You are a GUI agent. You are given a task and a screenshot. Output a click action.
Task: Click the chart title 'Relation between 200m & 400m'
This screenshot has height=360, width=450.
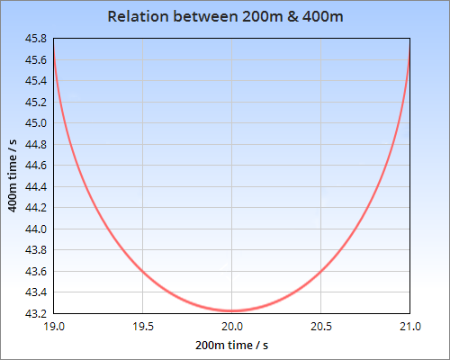225,17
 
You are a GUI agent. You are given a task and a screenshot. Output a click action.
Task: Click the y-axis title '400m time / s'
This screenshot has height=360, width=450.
13,175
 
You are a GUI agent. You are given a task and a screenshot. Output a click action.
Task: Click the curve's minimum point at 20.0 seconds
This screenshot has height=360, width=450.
232,310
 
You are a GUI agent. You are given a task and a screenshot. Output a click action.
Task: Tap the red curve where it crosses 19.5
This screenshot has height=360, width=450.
143,270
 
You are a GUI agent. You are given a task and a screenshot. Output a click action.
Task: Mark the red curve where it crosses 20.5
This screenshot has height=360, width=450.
321,270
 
